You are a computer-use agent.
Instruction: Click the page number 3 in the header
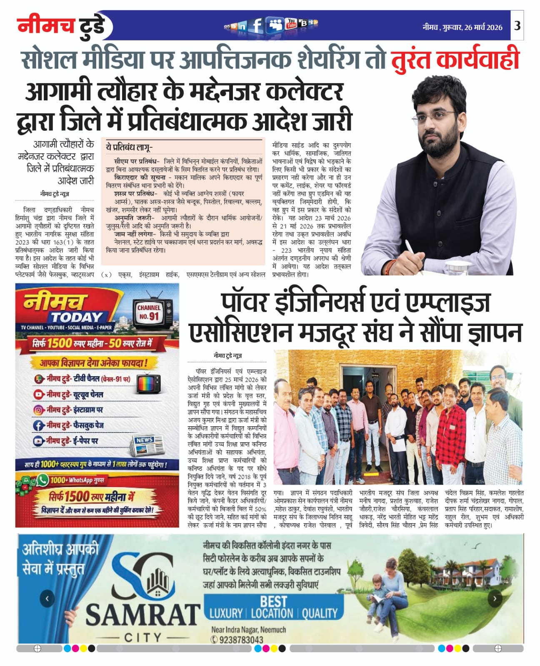517,26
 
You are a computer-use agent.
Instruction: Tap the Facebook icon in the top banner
257,26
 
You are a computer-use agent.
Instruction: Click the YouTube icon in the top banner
291,24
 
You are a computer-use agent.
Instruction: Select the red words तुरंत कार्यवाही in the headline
455,60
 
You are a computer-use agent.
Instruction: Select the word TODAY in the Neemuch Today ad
77,318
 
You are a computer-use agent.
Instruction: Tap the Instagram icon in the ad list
39,410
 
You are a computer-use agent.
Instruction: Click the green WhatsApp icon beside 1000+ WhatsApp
42,480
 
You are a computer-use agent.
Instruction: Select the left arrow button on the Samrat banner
47,599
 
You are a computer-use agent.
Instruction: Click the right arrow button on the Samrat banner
495,599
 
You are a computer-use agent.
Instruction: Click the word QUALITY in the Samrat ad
320,613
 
